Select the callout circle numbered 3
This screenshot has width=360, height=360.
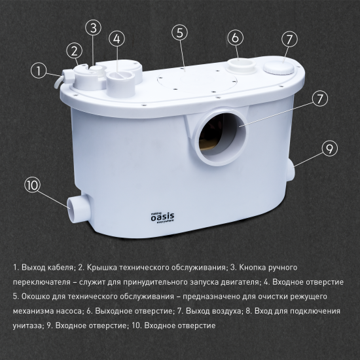95,27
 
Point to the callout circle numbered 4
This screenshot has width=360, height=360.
117,39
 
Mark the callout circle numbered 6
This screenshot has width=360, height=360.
235,38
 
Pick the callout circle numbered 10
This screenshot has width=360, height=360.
33,185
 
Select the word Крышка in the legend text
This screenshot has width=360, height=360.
99,267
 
